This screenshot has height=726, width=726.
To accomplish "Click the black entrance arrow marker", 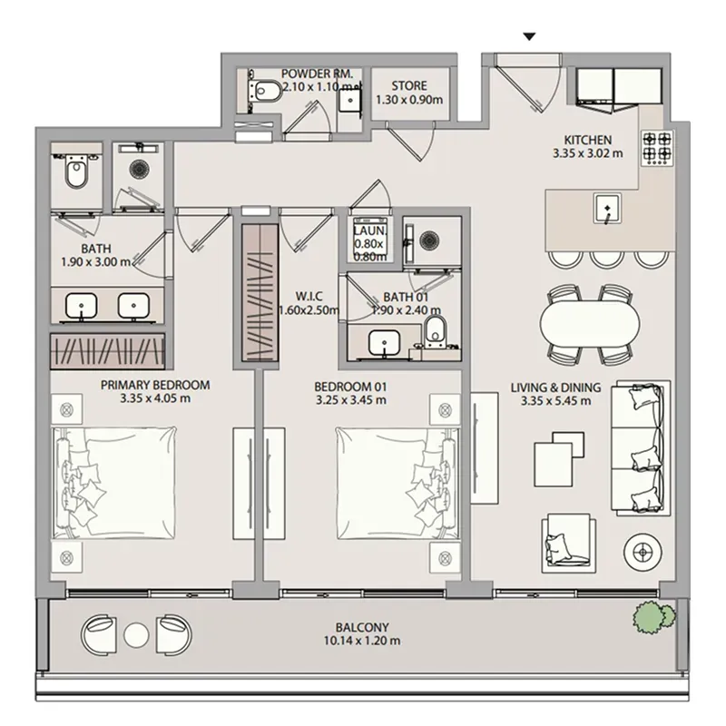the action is point(529,36).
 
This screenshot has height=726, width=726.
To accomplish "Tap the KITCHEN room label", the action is point(587,140).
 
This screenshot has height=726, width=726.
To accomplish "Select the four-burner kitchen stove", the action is point(657,147).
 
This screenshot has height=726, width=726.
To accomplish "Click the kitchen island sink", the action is point(607,209).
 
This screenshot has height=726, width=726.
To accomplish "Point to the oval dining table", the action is point(590,324).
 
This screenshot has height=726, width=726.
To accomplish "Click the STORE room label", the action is point(409,85).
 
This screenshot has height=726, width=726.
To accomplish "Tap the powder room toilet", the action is point(264,90).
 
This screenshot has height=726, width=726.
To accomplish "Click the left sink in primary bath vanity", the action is point(82,306).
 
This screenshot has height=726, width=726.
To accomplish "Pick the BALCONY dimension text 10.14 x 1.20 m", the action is point(362,641).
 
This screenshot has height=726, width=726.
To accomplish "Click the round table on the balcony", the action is point(137,635).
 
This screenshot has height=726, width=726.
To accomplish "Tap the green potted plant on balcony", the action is point(653,616).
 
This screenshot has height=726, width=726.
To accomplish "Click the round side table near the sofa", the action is point(643,552).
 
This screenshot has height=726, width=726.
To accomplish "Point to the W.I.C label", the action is point(309,297).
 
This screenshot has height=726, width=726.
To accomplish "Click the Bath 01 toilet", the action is point(436,330).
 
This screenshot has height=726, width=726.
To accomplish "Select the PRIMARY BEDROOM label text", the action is point(155,385).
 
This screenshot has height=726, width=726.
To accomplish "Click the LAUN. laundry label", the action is point(369,231).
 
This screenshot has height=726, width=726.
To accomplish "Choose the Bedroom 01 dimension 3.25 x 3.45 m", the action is point(351,400).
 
